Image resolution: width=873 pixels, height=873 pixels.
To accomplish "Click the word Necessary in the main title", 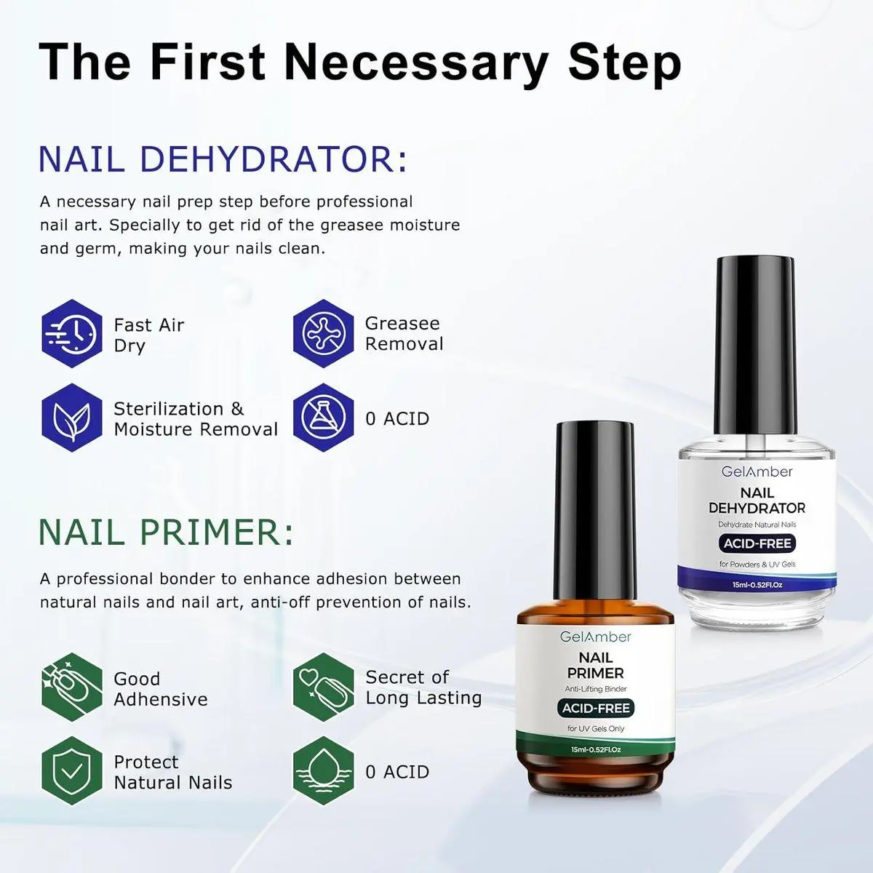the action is [x=416, y=63].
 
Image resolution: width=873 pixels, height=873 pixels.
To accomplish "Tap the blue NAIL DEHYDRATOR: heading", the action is [x=223, y=159].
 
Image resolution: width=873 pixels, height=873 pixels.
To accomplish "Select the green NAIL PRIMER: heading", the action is [x=167, y=532].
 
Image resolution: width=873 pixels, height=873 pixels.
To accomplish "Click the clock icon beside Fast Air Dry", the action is [x=72, y=333].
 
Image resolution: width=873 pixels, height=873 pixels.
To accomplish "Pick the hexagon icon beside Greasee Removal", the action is [x=323, y=333].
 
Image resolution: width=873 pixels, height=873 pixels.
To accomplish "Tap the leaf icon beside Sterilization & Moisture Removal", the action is [x=72, y=418].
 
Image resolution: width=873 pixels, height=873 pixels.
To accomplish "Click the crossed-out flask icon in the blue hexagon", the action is [x=323, y=418].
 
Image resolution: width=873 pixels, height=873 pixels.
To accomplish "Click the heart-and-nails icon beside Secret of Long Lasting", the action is [x=323, y=687].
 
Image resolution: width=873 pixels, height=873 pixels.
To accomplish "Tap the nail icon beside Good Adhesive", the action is [x=72, y=687].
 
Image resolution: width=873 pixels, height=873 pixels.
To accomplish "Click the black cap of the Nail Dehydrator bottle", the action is [x=754, y=344].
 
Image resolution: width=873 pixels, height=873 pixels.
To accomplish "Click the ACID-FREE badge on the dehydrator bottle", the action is [x=757, y=543].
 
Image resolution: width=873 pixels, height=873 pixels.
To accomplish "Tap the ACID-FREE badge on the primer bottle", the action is [x=596, y=708].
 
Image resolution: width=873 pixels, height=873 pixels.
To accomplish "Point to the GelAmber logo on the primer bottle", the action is [x=595, y=637].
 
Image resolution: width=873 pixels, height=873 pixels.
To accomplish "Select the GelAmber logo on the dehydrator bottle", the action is [x=757, y=471].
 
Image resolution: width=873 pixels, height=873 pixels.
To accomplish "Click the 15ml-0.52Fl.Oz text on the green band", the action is [x=595, y=750].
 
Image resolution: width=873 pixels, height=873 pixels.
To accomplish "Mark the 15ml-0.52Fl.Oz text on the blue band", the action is [x=757, y=585].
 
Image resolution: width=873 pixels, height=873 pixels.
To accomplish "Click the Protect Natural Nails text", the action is [x=172, y=773].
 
